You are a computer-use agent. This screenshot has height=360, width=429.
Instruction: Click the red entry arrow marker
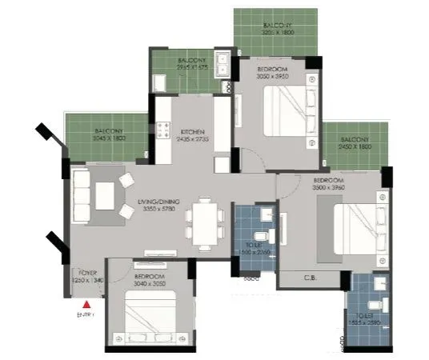pyautogui.click(x=87, y=303)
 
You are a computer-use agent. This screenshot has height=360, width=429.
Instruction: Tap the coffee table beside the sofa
pyautogui.click(x=106, y=194)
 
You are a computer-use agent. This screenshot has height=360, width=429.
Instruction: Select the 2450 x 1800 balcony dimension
pyautogui.click(x=354, y=147)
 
